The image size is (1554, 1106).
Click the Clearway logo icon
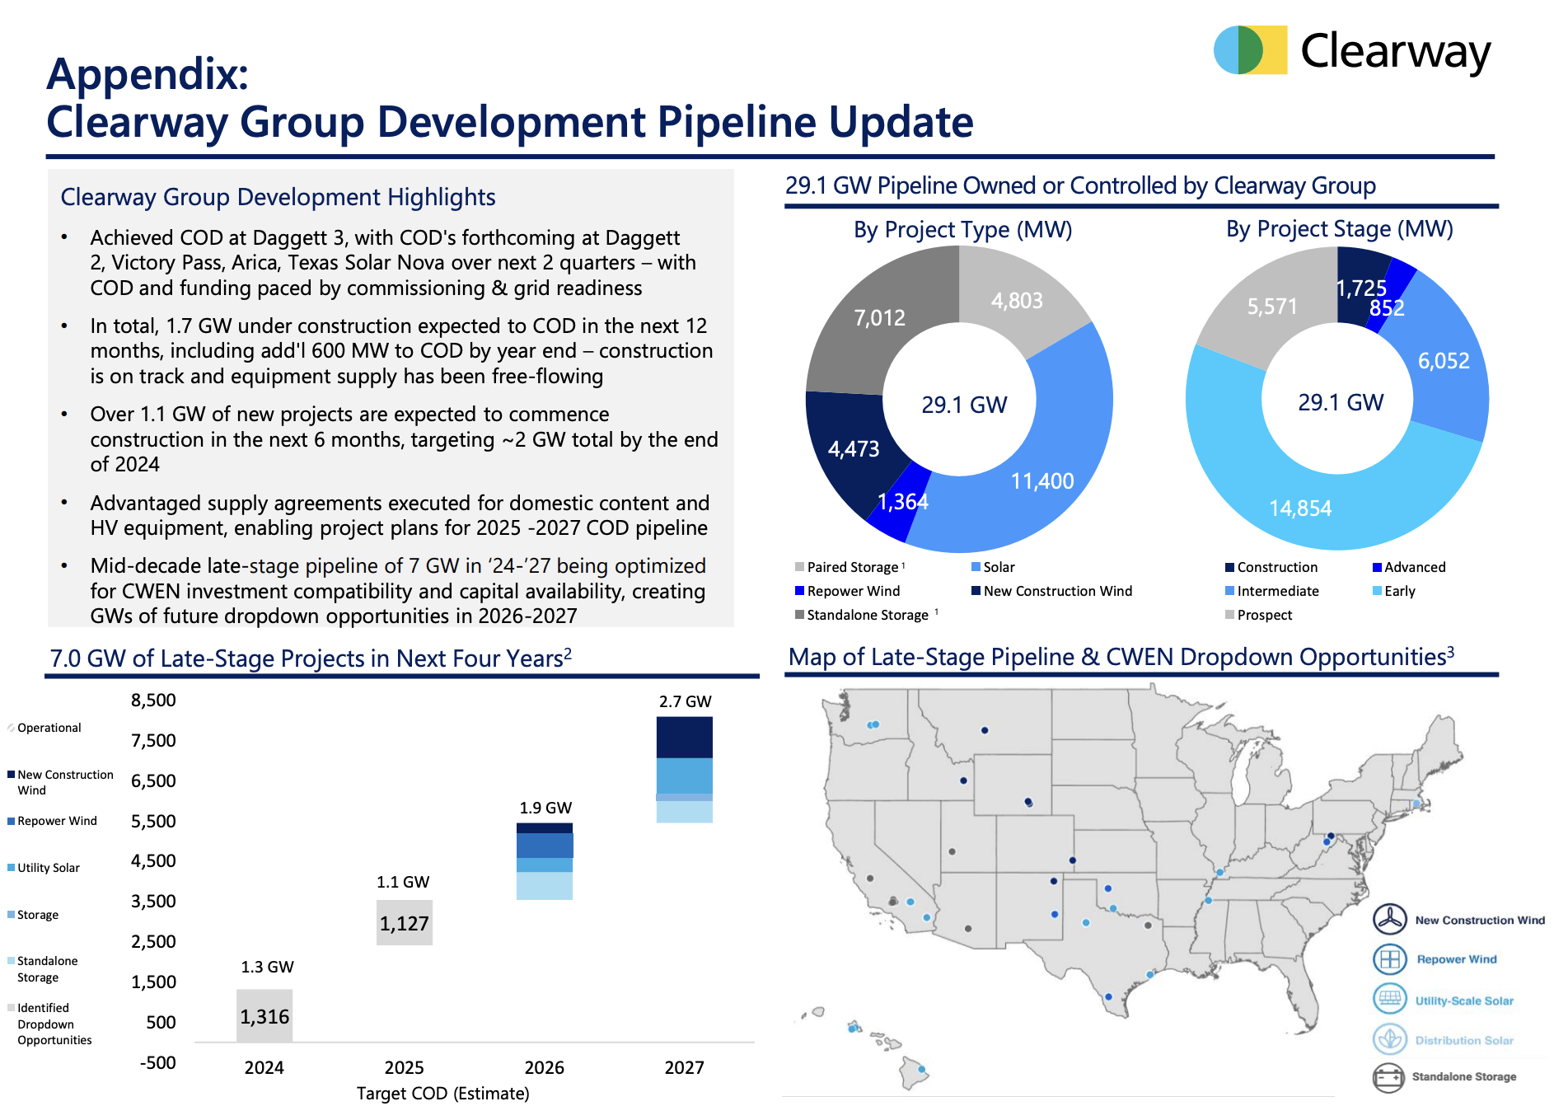click(1250, 50)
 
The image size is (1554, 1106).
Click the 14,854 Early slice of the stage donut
click(1300, 508)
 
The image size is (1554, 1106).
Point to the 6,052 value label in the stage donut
click(1443, 361)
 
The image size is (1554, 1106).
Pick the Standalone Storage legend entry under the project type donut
click(867, 615)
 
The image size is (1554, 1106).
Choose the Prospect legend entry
click(1264, 615)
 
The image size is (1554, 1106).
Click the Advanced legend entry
click(1414, 567)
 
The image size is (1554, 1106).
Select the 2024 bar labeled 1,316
click(264, 1015)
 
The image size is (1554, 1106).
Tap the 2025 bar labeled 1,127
click(405, 922)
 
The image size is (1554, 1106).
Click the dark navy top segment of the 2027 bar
click(684, 737)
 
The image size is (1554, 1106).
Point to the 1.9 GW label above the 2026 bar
click(545, 808)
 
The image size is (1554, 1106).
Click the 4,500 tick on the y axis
click(153, 861)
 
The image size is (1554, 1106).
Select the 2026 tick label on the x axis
click(545, 1067)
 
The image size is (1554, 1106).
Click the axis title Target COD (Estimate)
click(442, 1093)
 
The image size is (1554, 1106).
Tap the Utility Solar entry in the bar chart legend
click(48, 868)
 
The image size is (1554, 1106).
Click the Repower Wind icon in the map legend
click(1389, 959)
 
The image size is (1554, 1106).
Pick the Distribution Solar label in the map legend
click(1463, 1040)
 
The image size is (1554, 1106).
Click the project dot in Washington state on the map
click(873, 724)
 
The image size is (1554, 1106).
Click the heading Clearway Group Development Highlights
click(278, 197)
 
